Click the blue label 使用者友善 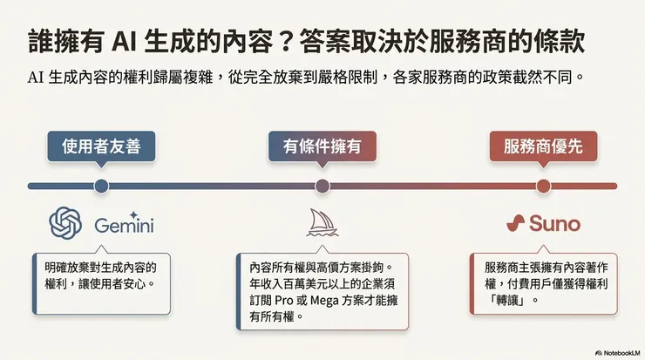coord(101,147)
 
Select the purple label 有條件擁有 coord(322,147)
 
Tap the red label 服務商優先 coord(543,147)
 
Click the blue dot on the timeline coord(101,186)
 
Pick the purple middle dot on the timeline coord(322,186)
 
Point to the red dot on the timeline coord(543,186)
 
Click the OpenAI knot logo coord(66,224)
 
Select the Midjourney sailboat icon coord(322,223)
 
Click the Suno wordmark coord(554,224)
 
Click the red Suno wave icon coord(516,224)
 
